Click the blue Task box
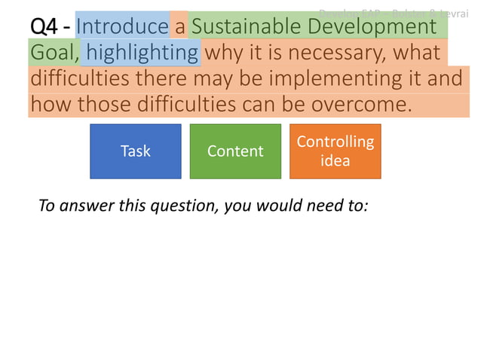[136, 151]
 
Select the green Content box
[235, 151]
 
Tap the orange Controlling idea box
[335, 151]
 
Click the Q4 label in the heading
[45, 27]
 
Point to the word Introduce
[122, 27]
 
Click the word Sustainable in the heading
[241, 27]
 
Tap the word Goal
[53, 53]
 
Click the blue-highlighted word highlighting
[142, 53]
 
